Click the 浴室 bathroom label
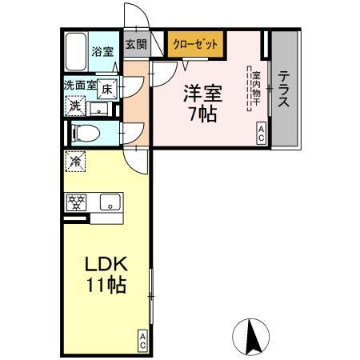pos(102,53)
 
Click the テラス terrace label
pos(284,90)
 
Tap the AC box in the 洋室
pos(262,133)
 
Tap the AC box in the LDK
pos(142,341)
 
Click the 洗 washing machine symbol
pos(74,106)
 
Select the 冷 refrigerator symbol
pos(74,161)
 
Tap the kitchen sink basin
pos(110,202)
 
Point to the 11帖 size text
pos(105,286)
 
